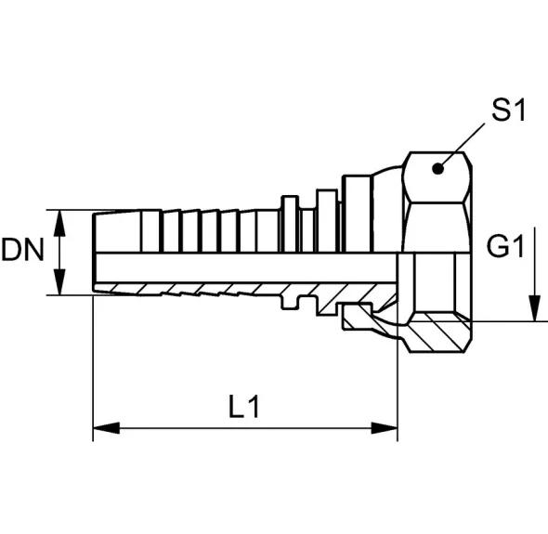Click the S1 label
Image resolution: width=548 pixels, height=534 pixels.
coord(508,111)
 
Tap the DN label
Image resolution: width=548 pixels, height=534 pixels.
coord(22,250)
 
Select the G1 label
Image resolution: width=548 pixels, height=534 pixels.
coord(505,246)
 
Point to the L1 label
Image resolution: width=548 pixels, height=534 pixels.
coord(244,407)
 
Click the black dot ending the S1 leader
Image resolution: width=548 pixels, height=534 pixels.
coord(437,169)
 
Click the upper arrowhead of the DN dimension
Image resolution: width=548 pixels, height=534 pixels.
coord(60,223)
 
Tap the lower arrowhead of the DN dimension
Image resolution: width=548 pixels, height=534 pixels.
coord(60,282)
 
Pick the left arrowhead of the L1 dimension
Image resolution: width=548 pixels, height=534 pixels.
coord(106,428)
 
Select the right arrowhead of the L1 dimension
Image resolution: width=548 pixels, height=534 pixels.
coord(385,428)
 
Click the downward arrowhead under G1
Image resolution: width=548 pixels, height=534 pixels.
coord(534,308)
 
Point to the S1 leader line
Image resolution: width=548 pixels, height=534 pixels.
coord(463,146)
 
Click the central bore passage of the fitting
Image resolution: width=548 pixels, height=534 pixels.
coord(245,267)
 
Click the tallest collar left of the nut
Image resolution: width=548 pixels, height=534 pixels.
coord(357,214)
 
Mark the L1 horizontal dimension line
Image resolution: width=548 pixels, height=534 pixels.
coord(245,428)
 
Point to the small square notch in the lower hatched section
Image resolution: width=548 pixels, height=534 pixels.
coord(290,304)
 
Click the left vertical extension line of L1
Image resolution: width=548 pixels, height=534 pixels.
coord(93,369)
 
